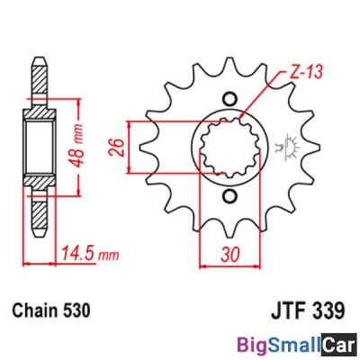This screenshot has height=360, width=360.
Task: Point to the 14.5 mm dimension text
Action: [x=94, y=254]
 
